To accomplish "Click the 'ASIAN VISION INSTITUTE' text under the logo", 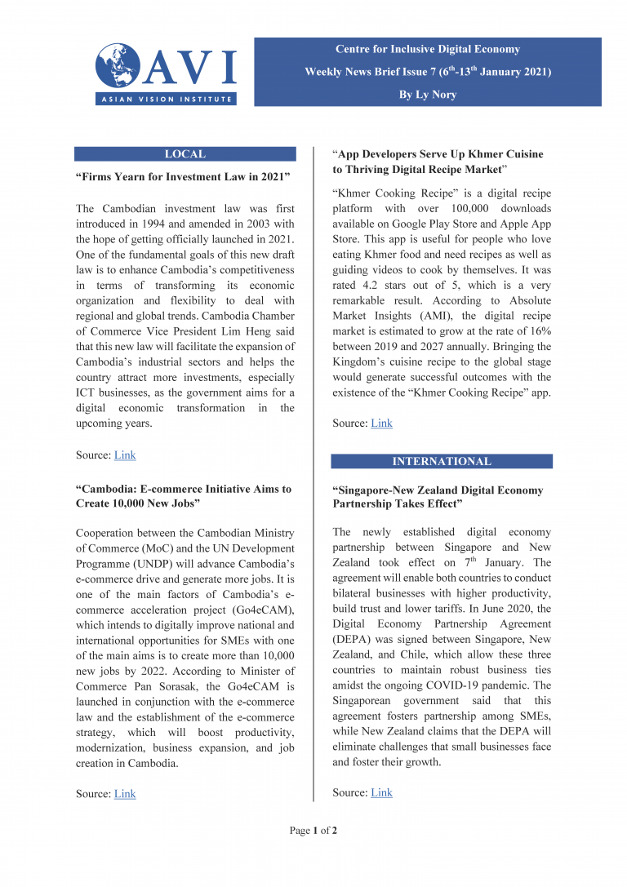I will point(166,100).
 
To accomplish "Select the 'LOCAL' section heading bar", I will point(185,154).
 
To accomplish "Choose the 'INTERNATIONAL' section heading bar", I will point(442,462).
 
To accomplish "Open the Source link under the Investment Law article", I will point(125,455).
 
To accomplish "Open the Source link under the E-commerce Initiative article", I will point(125,794).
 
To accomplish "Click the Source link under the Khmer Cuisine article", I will point(381,423).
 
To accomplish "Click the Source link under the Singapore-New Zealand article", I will point(381,792).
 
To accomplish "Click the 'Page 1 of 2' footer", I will point(313,831).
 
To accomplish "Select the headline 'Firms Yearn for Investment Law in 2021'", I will point(183,177).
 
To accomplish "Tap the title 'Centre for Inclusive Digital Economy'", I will point(427,49).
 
